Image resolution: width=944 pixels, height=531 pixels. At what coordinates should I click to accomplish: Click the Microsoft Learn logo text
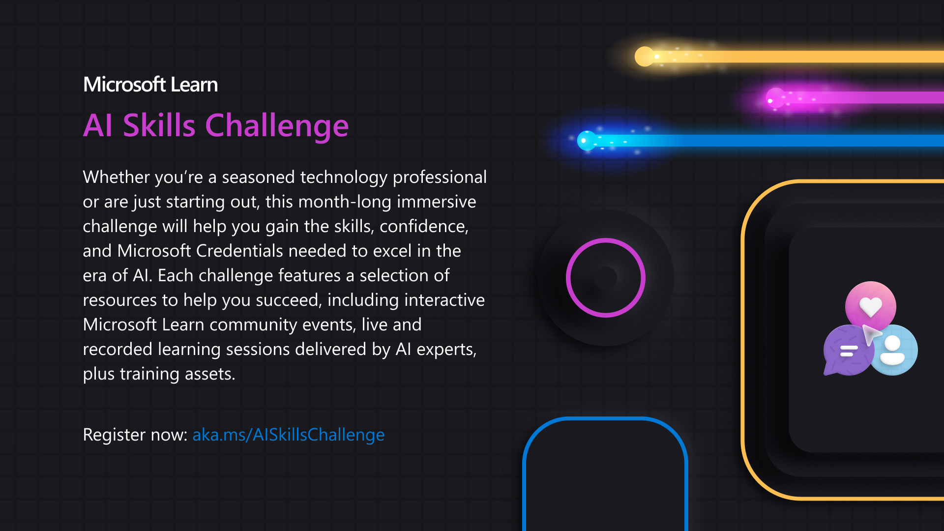(x=150, y=85)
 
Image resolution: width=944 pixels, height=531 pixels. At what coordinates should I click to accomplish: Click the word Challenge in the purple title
(x=277, y=126)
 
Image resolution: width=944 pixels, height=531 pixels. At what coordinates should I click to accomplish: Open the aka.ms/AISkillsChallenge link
(x=289, y=435)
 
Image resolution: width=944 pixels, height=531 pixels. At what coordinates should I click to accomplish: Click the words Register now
(x=135, y=435)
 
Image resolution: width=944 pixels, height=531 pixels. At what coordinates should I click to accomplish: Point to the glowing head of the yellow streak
(x=645, y=57)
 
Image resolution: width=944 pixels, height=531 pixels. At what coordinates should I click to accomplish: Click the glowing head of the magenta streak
(x=776, y=98)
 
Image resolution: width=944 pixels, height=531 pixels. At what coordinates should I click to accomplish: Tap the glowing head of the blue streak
(x=587, y=141)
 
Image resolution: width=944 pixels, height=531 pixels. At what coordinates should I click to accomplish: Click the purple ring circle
(x=606, y=239)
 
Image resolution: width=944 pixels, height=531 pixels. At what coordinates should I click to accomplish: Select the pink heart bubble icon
(x=870, y=306)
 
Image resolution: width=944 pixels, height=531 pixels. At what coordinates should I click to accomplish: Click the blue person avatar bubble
(x=893, y=350)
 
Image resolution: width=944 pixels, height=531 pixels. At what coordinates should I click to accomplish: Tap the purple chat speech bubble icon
(x=847, y=351)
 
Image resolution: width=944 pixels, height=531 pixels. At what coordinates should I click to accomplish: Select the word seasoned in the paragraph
(x=259, y=177)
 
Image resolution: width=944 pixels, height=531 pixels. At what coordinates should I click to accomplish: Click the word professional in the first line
(x=440, y=177)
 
